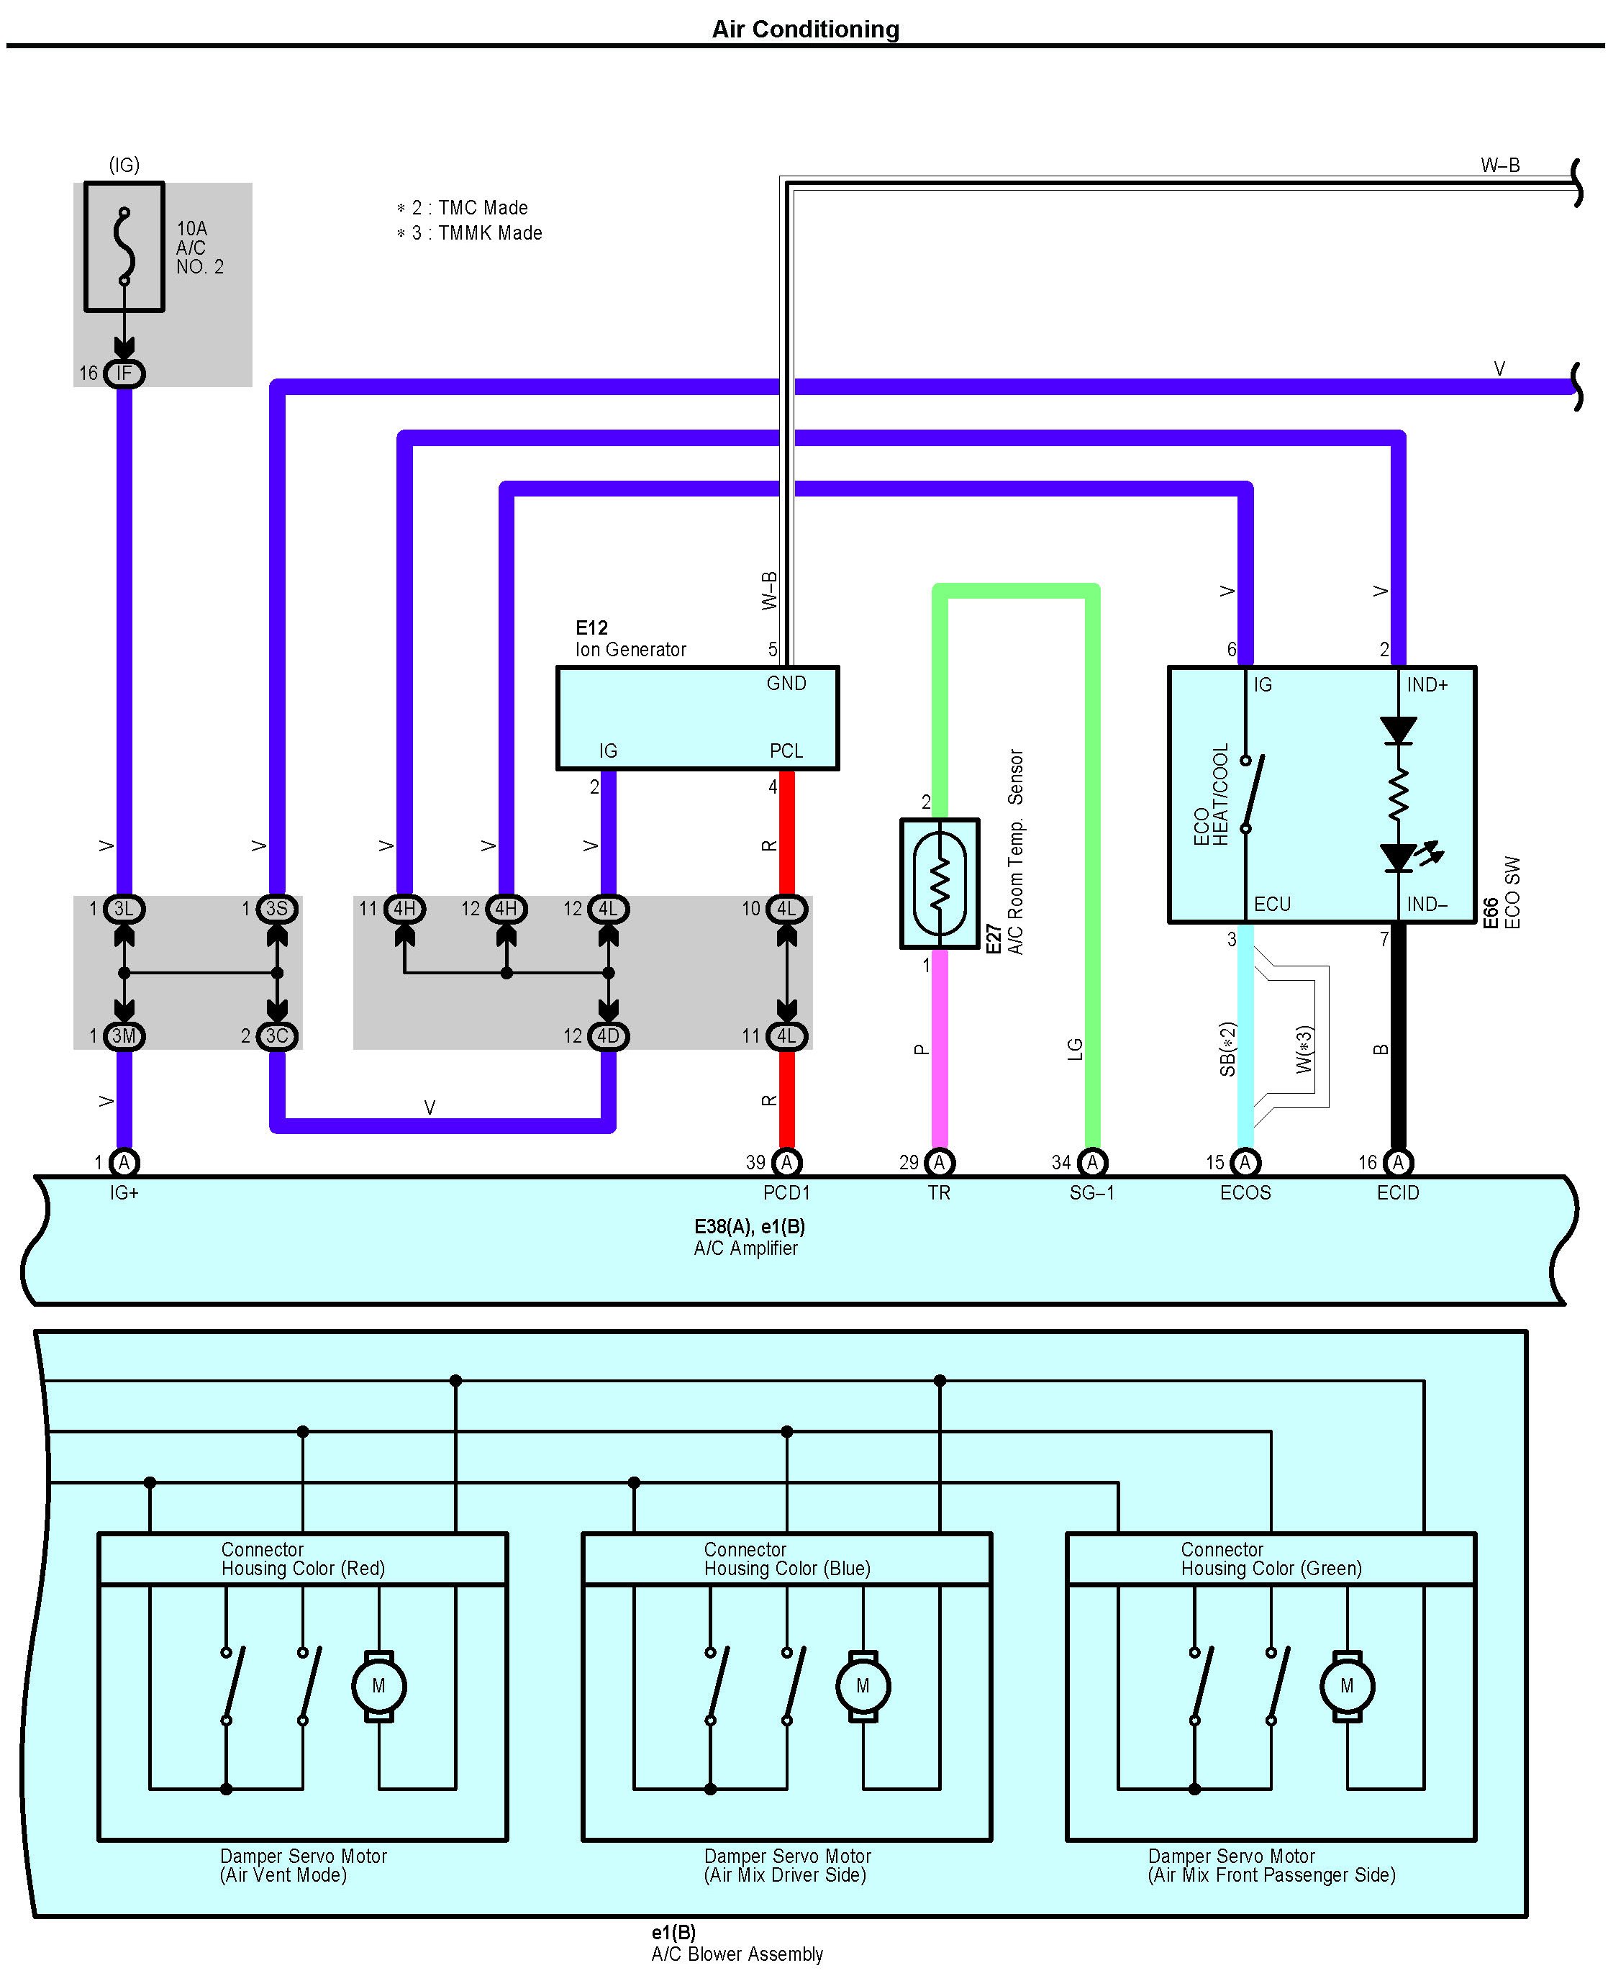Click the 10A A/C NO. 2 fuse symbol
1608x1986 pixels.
pos(124,246)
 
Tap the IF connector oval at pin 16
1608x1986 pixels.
pos(124,373)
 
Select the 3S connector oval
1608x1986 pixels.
pos(277,909)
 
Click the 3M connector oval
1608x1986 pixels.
pos(124,1035)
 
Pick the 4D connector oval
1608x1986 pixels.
pos(608,1035)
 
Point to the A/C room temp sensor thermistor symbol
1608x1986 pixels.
pos(939,883)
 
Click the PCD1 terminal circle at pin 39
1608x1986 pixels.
pos(786,1163)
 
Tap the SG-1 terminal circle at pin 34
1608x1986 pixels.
pos(1092,1163)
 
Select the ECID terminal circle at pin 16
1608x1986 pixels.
pos(1398,1163)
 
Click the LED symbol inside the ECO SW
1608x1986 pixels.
pos(1398,857)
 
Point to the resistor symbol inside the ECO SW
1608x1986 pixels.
pos(1398,793)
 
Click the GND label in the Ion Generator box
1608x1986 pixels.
pos(786,684)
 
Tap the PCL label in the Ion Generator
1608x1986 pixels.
pos(786,751)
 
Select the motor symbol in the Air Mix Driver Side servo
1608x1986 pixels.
pos(863,1686)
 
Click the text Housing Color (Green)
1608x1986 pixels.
pos(1271,1568)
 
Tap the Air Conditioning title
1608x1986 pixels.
pos(805,30)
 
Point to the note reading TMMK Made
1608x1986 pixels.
pos(477,233)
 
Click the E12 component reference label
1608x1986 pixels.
pos(591,628)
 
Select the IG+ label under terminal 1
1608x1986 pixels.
pos(124,1193)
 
